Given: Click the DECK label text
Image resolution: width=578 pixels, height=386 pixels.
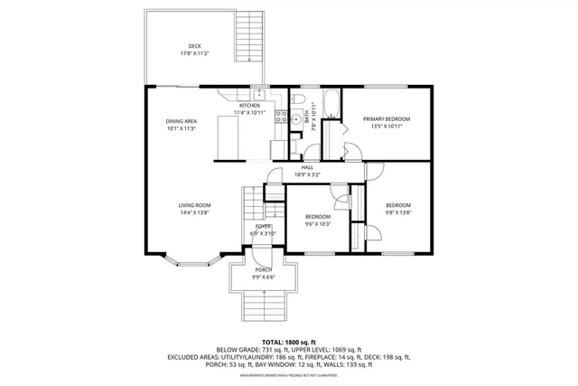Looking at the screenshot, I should (x=194, y=46).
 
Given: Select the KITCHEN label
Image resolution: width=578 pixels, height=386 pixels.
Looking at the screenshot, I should (x=249, y=106).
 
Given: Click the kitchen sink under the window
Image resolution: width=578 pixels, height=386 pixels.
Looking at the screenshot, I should (x=259, y=94).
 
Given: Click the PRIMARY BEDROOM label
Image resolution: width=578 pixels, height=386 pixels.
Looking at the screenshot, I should (x=387, y=119).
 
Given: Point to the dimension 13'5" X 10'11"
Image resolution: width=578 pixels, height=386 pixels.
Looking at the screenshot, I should (x=387, y=127).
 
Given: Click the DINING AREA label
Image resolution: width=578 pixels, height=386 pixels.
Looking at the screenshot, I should (x=181, y=121).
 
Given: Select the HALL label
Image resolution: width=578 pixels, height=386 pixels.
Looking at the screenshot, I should (x=307, y=167).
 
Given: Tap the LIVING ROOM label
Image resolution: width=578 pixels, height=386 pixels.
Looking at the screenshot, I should (x=194, y=206).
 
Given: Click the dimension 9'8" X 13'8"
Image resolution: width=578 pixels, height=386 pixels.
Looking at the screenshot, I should (x=398, y=212).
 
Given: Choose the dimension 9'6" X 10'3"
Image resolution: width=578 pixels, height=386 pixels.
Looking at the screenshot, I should (x=317, y=224).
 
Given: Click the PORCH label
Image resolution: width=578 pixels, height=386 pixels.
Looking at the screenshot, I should (x=263, y=269).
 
